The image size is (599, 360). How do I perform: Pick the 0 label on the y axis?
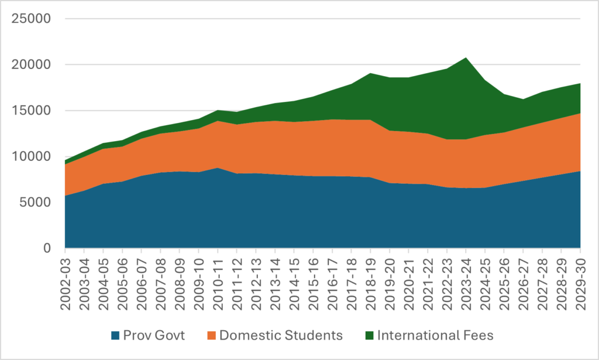tap(47, 248)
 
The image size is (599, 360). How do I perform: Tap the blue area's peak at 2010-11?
tap(218, 169)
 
